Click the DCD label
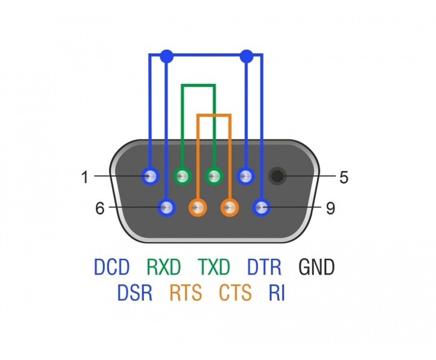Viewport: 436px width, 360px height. pyautogui.click(x=112, y=266)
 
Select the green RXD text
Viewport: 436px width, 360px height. pyautogui.click(x=164, y=266)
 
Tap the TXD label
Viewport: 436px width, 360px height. pyautogui.click(x=214, y=266)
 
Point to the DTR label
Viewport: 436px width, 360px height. pyautogui.click(x=264, y=266)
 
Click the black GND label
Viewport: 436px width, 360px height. pyautogui.click(x=316, y=266)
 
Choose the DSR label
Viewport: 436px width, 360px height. pyautogui.click(x=135, y=292)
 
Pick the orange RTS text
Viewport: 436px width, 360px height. pyautogui.click(x=186, y=292)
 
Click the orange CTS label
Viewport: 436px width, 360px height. pyautogui.click(x=236, y=292)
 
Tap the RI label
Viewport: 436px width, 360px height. pyautogui.click(x=277, y=292)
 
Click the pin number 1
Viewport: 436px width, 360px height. pyautogui.click(x=85, y=177)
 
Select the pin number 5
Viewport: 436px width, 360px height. pyautogui.click(x=344, y=177)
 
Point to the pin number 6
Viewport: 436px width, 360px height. pyautogui.click(x=100, y=208)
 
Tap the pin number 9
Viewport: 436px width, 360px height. pyautogui.click(x=330, y=208)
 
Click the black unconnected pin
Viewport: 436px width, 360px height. pyautogui.click(x=277, y=176)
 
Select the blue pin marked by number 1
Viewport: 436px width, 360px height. pyautogui.click(x=150, y=176)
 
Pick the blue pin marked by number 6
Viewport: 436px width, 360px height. pyautogui.click(x=166, y=207)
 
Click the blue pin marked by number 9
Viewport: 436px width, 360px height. pyautogui.click(x=261, y=207)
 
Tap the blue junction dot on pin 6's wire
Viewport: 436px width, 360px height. pyautogui.click(x=166, y=56)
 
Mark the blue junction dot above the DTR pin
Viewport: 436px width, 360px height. pyautogui.click(x=246, y=56)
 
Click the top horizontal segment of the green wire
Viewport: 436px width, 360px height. pyautogui.click(x=198, y=85)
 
